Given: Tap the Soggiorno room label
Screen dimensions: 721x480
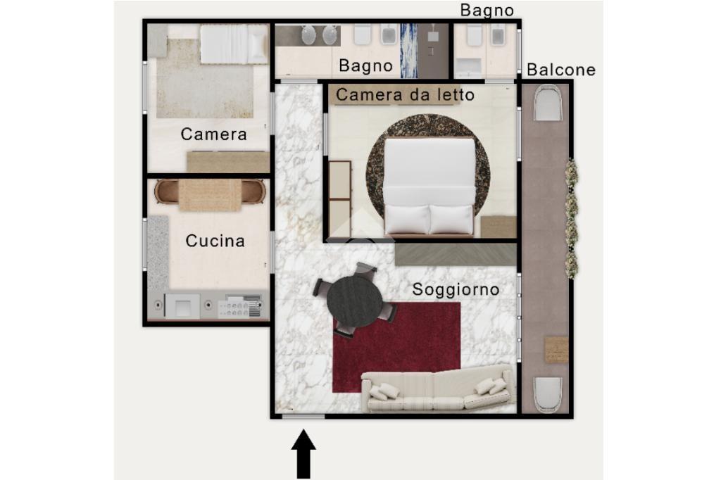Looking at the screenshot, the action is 456,290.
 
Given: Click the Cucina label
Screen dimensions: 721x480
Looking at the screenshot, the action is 215,241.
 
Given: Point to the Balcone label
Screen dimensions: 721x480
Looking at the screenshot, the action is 561,70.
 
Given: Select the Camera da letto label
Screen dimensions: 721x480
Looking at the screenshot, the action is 405,95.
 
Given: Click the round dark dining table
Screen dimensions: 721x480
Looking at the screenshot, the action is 355,301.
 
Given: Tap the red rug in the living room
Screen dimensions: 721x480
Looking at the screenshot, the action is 396,347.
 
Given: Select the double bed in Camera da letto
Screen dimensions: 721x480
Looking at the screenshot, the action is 429,187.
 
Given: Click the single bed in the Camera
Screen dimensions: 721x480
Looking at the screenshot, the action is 234,44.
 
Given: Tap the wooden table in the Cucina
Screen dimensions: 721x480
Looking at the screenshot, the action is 210,195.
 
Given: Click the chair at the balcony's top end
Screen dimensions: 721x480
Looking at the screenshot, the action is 548,103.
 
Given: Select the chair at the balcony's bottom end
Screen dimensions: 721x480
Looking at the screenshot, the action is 548,395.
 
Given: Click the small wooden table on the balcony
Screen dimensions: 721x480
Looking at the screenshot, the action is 556,350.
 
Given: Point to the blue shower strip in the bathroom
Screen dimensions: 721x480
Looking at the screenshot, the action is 409,51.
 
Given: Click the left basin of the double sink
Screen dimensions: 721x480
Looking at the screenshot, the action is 308,35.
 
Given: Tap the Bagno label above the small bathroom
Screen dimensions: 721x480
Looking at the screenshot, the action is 487,11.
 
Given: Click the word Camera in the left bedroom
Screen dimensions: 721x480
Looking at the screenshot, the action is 214,134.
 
